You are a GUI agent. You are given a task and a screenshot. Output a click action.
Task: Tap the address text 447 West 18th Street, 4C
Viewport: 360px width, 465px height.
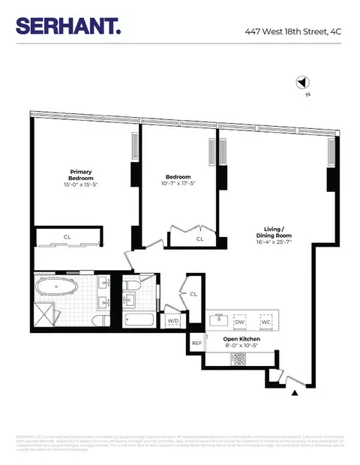pos(297,31)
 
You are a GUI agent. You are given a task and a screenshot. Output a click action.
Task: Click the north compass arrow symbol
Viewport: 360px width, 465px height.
pos(302,84)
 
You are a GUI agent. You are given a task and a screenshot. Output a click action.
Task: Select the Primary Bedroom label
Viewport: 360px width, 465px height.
pos(80,173)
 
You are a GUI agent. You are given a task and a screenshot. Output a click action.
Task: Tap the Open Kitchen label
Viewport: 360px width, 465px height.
pos(241,338)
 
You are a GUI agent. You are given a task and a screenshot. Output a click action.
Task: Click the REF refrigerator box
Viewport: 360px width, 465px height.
pos(197,343)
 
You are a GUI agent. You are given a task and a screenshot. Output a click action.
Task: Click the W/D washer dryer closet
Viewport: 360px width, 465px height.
pos(172,321)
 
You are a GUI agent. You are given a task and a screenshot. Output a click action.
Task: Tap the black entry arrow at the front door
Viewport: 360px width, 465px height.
pos(294,391)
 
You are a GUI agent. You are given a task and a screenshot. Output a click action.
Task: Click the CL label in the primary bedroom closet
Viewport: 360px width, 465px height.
pos(67,237)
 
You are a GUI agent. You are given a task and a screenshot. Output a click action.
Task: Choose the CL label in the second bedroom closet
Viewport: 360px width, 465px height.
pos(199,238)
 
